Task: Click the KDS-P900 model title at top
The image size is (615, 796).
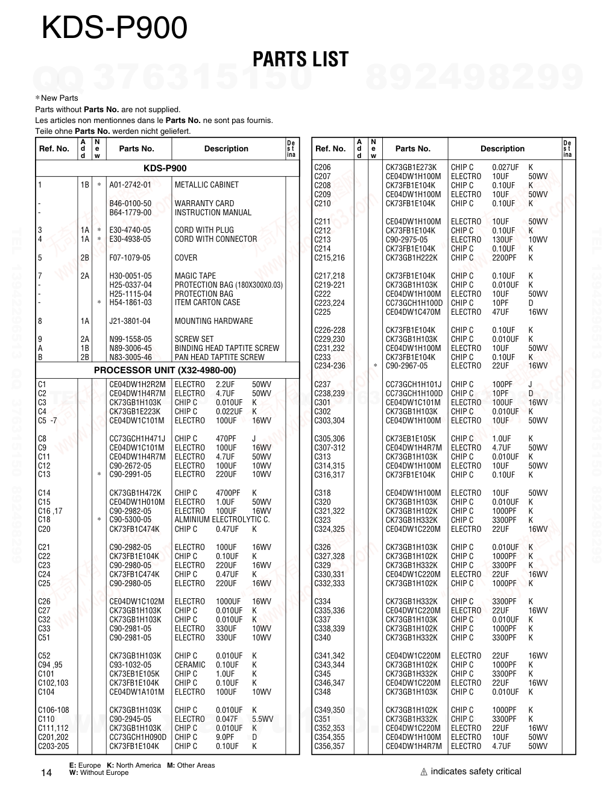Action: coord(115,28)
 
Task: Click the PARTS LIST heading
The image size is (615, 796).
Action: coord(300,59)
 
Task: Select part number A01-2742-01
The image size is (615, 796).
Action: coord(130,185)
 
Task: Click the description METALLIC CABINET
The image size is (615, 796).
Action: coord(206,185)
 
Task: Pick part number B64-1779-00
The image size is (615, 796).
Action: coord(130,213)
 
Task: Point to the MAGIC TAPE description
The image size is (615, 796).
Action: coord(195,276)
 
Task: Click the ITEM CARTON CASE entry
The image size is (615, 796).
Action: coord(207,303)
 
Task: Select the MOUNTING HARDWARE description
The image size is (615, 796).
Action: coord(213,321)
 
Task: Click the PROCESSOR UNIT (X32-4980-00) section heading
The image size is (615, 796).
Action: coord(165,370)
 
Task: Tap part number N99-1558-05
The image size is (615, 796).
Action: coord(130,340)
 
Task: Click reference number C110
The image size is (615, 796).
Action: coord(46,719)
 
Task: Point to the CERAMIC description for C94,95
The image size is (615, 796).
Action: coord(189,665)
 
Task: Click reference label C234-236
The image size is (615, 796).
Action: coord(330,366)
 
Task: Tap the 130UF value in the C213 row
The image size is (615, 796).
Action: coord(502,240)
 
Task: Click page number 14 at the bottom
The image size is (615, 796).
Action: coord(46,773)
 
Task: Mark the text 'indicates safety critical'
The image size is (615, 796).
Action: coord(476,771)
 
